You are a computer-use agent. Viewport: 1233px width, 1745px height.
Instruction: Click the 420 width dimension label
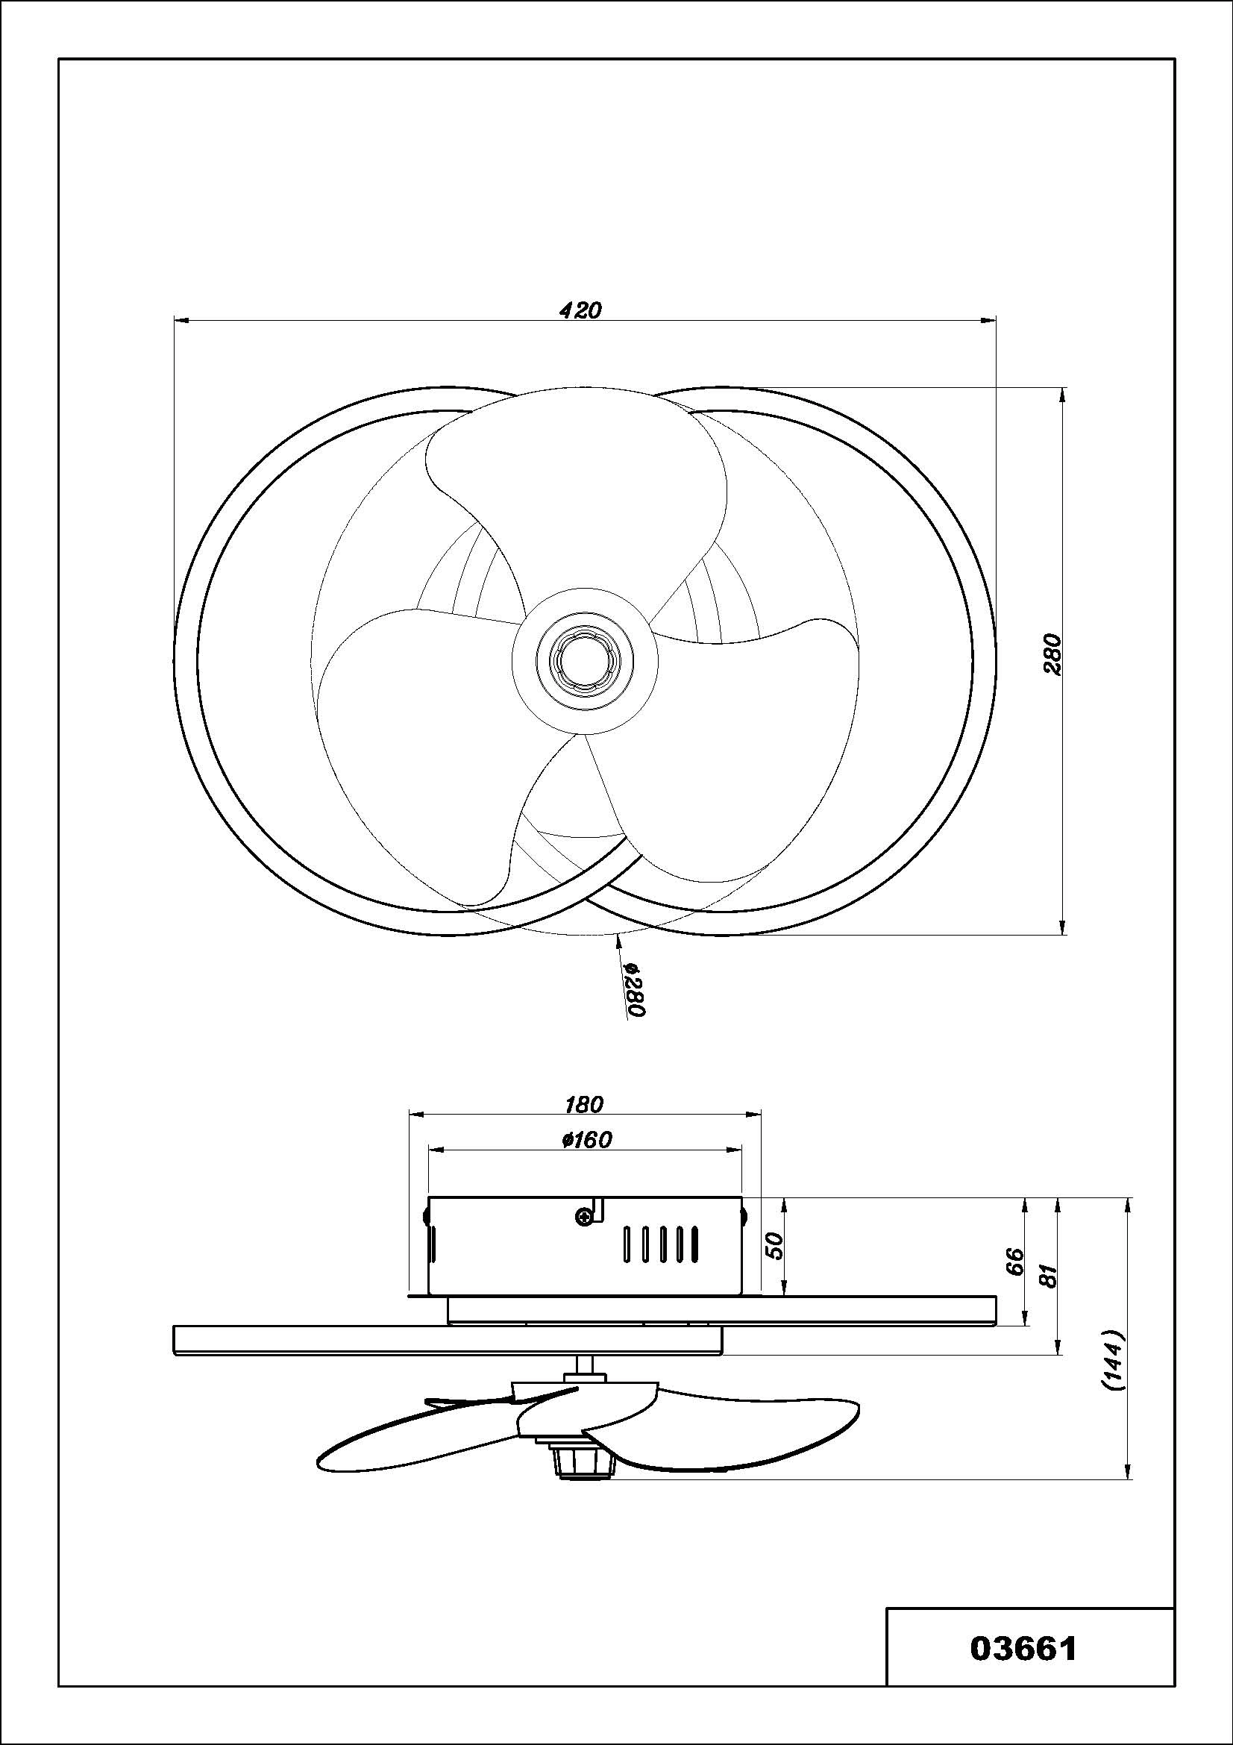[x=580, y=310]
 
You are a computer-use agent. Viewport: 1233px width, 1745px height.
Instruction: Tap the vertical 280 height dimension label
[x=1052, y=653]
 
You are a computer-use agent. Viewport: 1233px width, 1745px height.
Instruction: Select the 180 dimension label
[x=583, y=1103]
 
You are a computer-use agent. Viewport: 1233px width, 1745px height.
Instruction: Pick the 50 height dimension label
[x=774, y=1245]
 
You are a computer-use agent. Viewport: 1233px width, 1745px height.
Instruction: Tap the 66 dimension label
[x=1015, y=1262]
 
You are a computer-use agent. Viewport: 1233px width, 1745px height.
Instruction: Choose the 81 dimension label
[x=1050, y=1276]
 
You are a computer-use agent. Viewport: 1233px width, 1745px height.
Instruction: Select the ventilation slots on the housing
[x=660, y=1244]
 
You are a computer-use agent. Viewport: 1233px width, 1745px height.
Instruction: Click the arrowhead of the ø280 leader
[x=619, y=940]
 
